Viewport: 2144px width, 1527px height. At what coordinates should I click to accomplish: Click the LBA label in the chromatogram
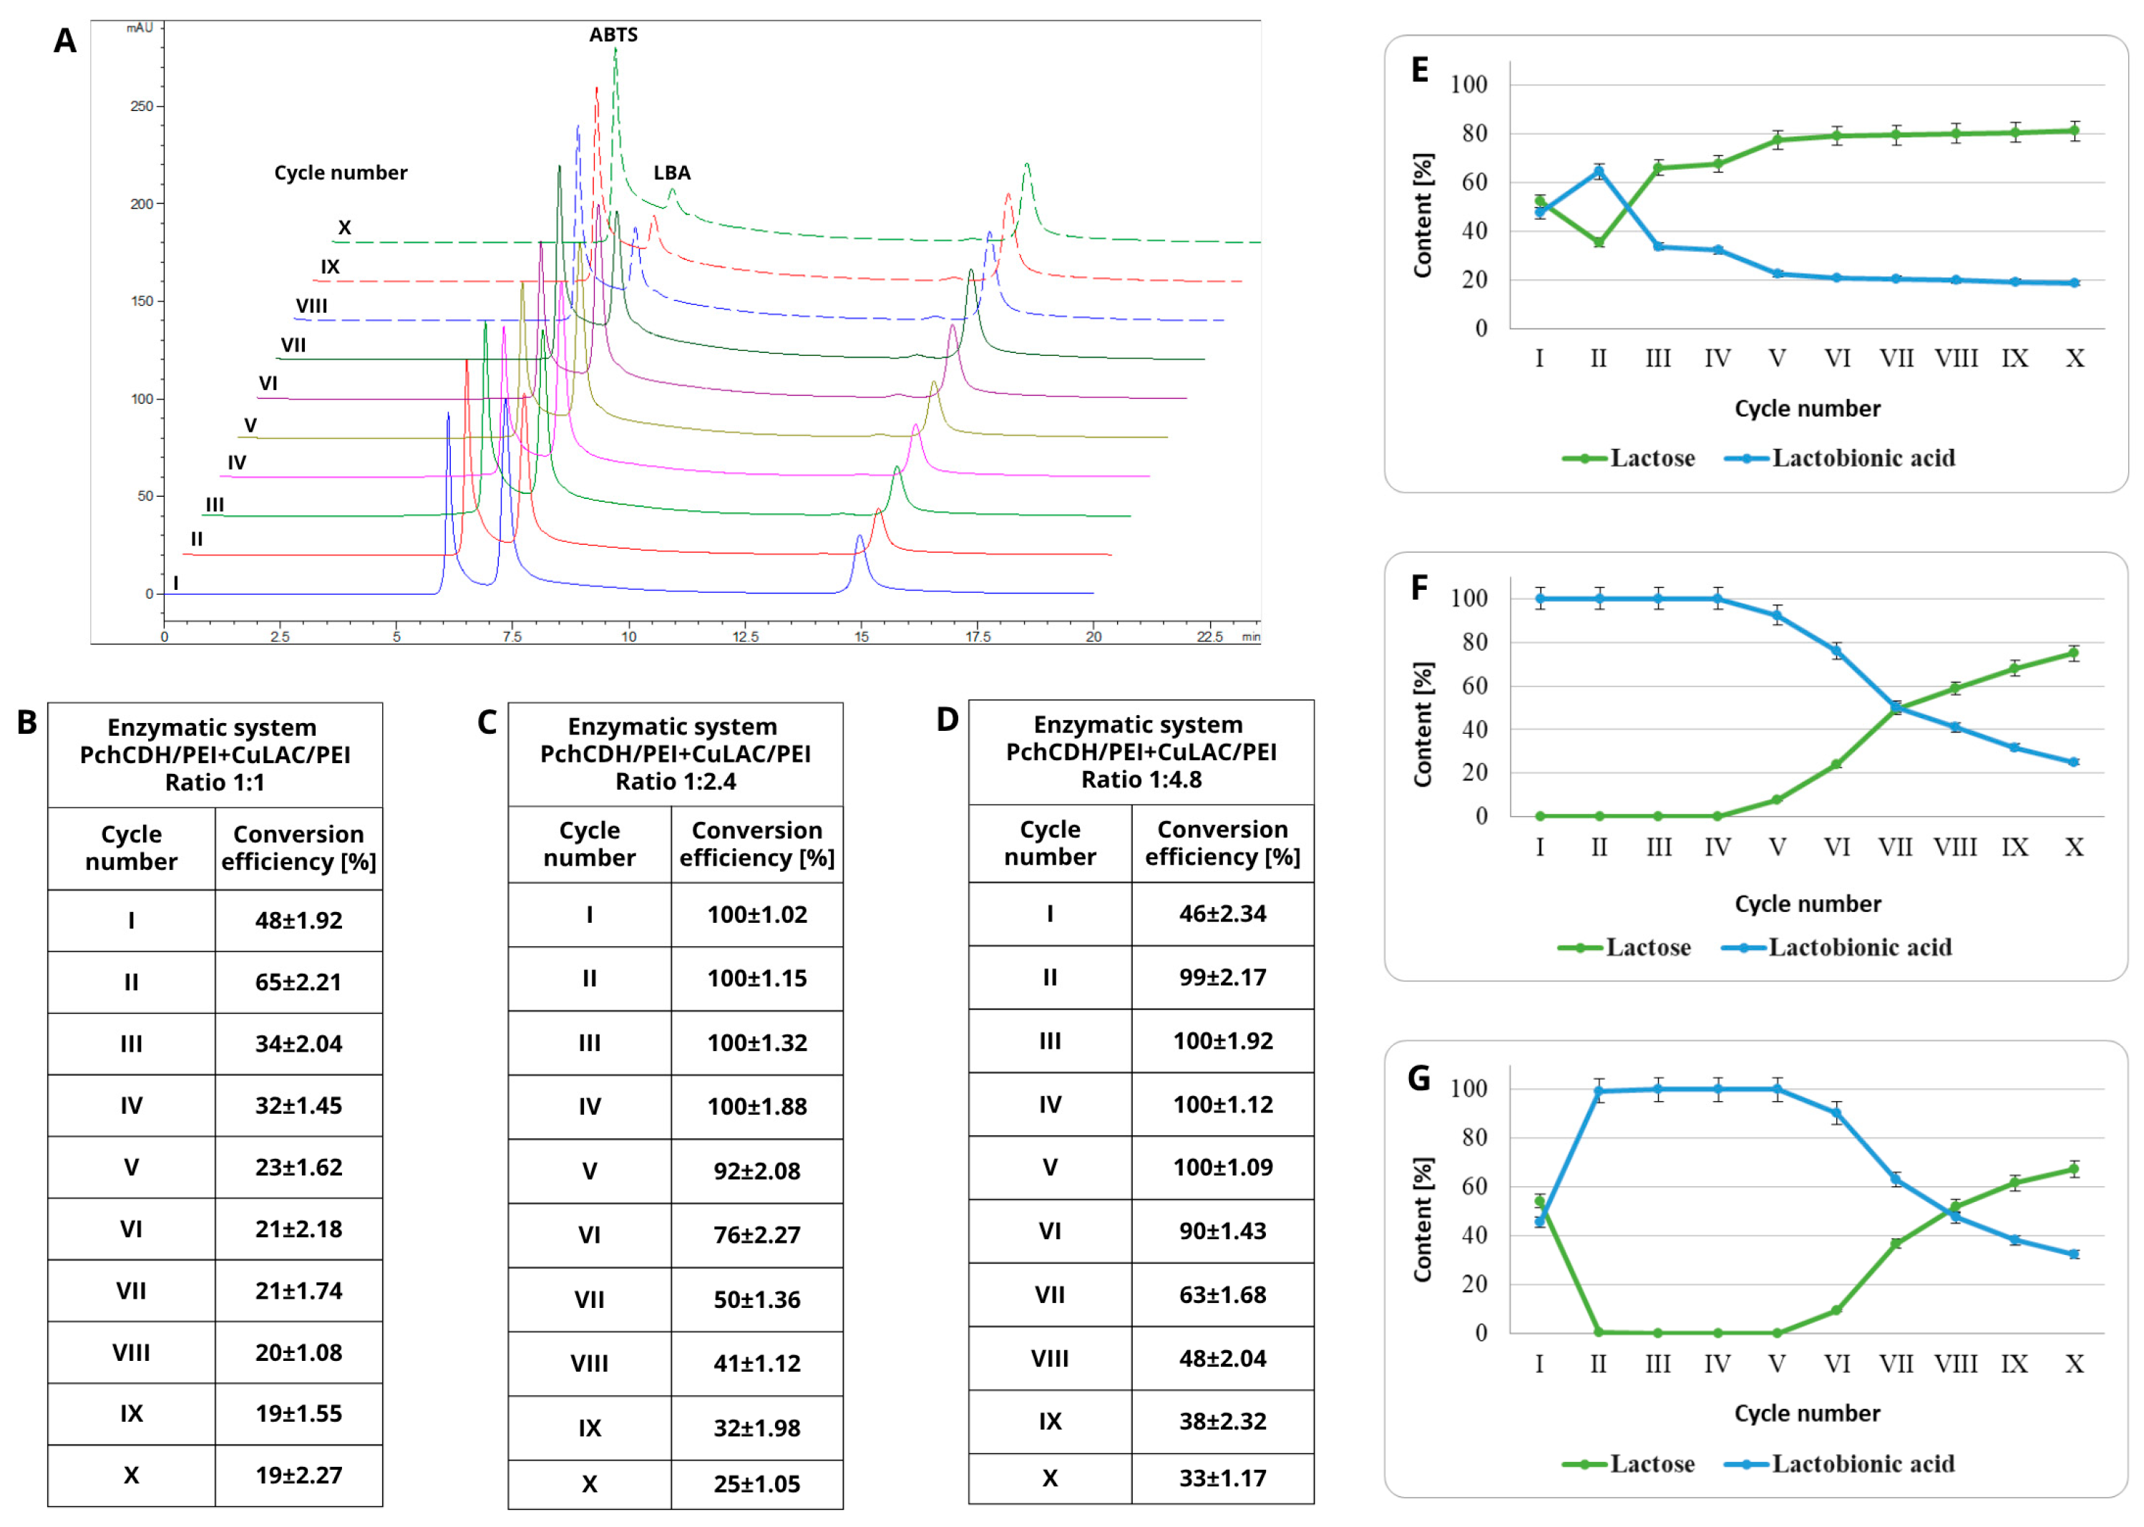coord(672,173)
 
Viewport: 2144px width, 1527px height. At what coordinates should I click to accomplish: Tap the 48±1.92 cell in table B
coord(299,921)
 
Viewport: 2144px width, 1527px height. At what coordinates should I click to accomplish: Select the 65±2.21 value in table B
coord(299,983)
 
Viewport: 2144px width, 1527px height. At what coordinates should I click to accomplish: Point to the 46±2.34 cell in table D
coord(1223,914)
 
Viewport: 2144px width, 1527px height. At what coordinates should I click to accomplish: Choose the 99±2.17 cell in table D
coord(1223,978)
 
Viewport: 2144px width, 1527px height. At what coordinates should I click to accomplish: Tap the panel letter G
coord(1419,1078)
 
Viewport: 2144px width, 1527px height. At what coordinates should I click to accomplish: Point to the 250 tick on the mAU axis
coord(142,106)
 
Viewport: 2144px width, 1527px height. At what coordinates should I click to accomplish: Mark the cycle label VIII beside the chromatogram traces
coord(311,306)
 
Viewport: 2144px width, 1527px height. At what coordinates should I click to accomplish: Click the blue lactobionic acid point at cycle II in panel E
coord(1599,171)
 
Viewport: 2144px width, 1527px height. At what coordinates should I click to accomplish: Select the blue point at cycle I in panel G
coord(1539,1221)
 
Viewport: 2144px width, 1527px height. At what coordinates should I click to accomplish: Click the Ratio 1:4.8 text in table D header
coord(1141,780)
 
